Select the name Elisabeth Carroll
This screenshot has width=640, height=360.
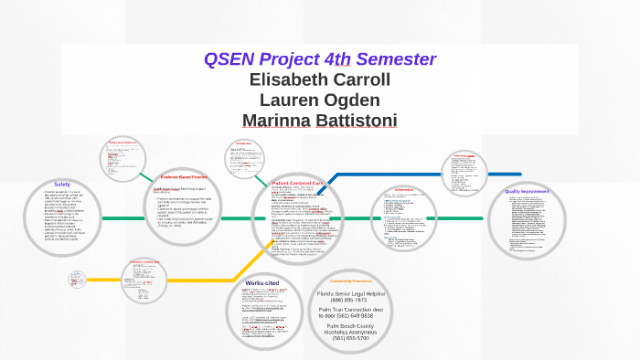(x=320, y=79)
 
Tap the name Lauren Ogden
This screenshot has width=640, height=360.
(x=320, y=100)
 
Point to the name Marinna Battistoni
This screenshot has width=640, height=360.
(x=320, y=120)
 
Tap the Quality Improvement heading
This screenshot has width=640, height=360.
(x=526, y=191)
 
